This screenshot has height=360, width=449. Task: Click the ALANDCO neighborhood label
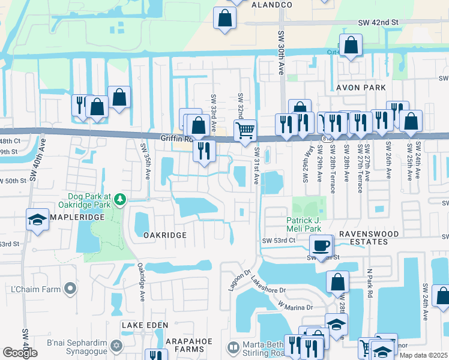[x=271, y=5]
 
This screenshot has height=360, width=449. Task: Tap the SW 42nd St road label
[x=378, y=22]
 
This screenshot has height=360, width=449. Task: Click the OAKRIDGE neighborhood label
[x=165, y=235]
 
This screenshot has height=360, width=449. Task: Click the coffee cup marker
[x=321, y=244]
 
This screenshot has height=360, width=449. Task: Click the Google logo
[x=20, y=353]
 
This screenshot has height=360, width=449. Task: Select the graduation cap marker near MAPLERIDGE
[x=37, y=219]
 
